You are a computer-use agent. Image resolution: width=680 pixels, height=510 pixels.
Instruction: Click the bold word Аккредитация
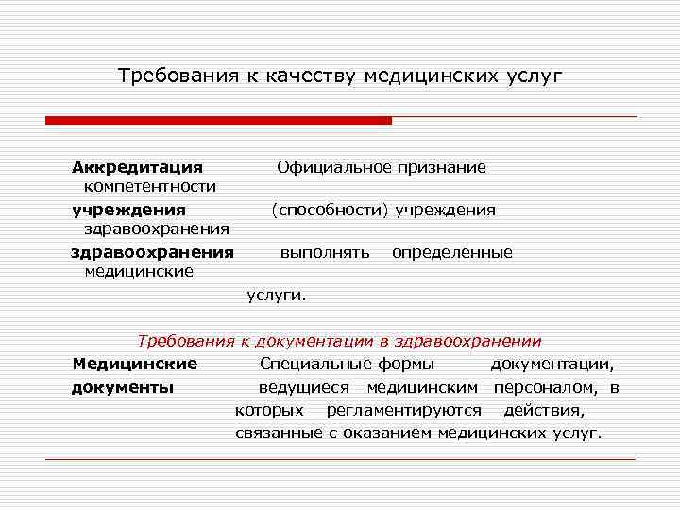(138, 167)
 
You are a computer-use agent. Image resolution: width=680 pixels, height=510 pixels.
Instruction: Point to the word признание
(441, 167)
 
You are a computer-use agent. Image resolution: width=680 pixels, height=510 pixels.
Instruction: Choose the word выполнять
(325, 252)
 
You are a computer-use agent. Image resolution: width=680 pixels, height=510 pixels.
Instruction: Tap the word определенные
(452, 252)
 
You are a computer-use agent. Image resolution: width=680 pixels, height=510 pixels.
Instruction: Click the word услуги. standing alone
(277, 295)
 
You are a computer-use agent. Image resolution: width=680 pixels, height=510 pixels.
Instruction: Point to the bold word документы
(123, 387)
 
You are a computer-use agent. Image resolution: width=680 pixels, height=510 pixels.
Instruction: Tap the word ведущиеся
(303, 387)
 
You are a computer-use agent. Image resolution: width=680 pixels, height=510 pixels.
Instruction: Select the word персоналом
(547, 387)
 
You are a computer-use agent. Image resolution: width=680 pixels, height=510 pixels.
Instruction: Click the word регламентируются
(403, 410)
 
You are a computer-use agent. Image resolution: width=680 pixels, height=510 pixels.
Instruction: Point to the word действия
(544, 410)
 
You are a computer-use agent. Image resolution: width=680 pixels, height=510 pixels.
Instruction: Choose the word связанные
(278, 433)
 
